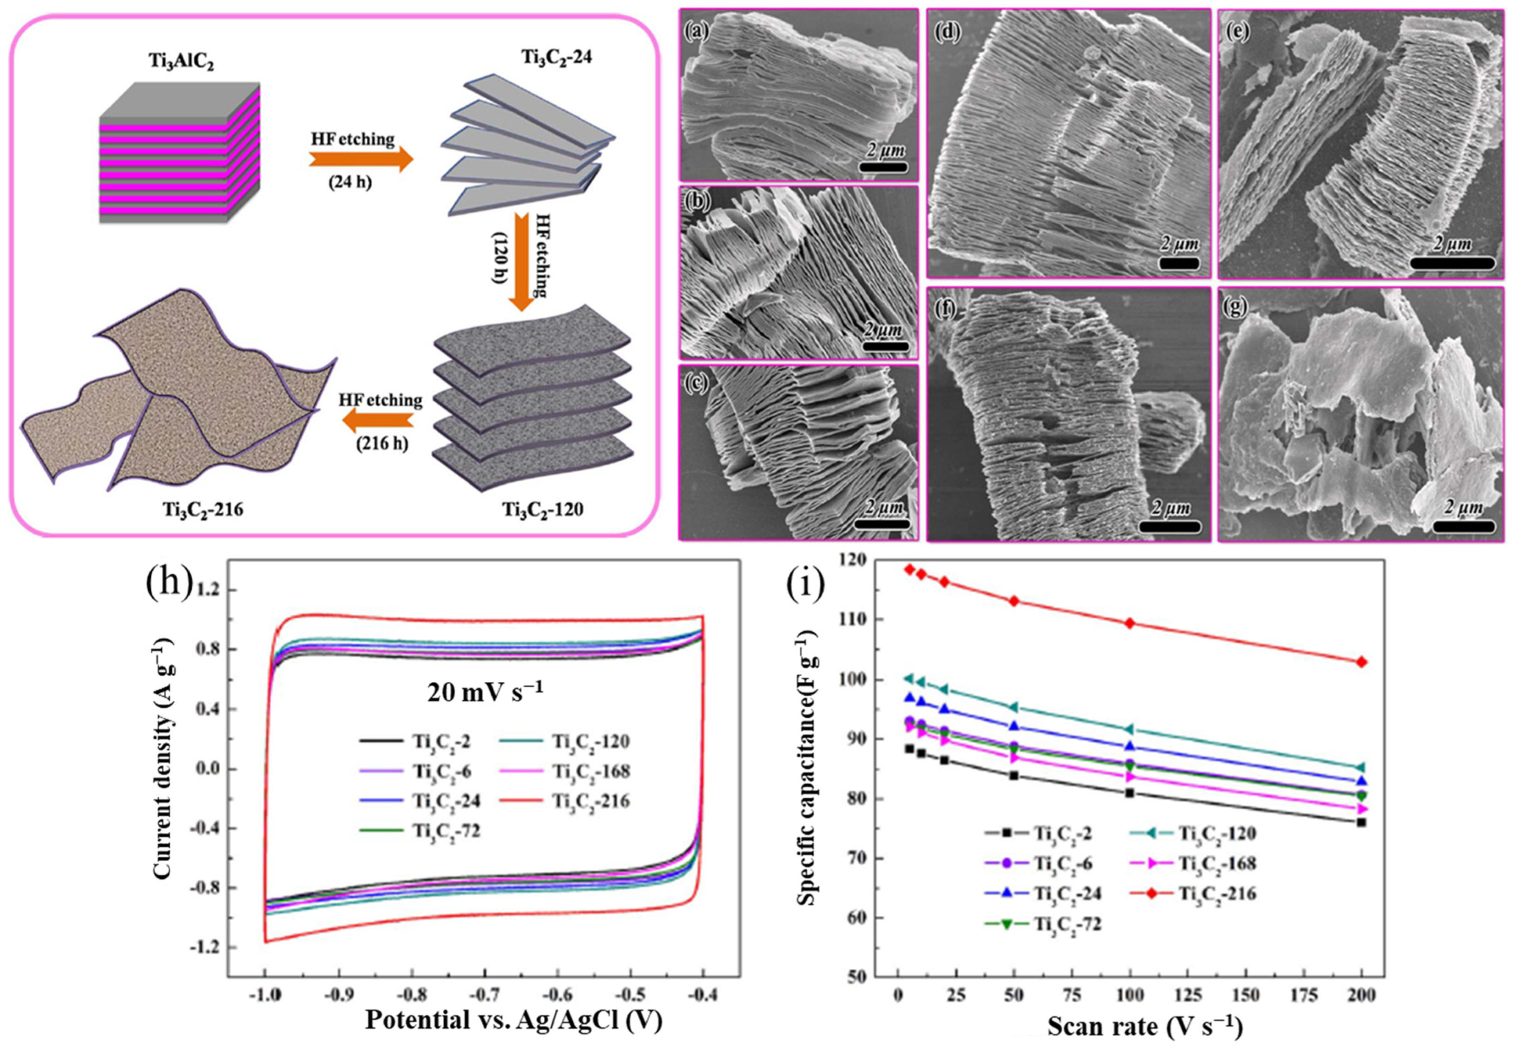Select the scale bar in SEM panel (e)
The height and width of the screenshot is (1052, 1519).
point(1452,262)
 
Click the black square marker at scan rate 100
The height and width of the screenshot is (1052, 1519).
point(1130,793)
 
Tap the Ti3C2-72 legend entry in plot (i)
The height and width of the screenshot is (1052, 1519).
point(1043,924)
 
